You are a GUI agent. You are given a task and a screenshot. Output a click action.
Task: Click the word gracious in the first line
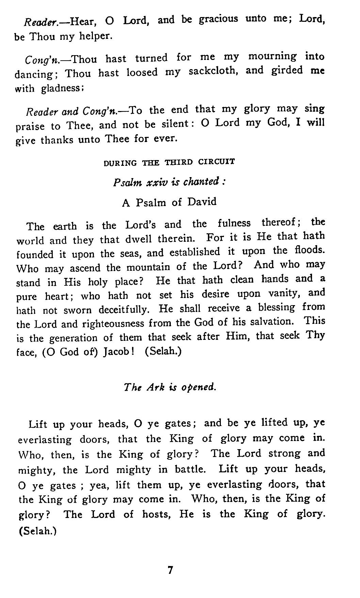click(218, 19)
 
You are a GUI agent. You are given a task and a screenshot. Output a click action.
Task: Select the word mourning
click(272, 56)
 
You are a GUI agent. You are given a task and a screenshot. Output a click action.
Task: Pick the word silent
click(176, 124)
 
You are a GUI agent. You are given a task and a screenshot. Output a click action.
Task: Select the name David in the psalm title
click(202, 202)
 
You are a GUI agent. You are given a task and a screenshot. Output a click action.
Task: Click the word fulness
click(234, 223)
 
